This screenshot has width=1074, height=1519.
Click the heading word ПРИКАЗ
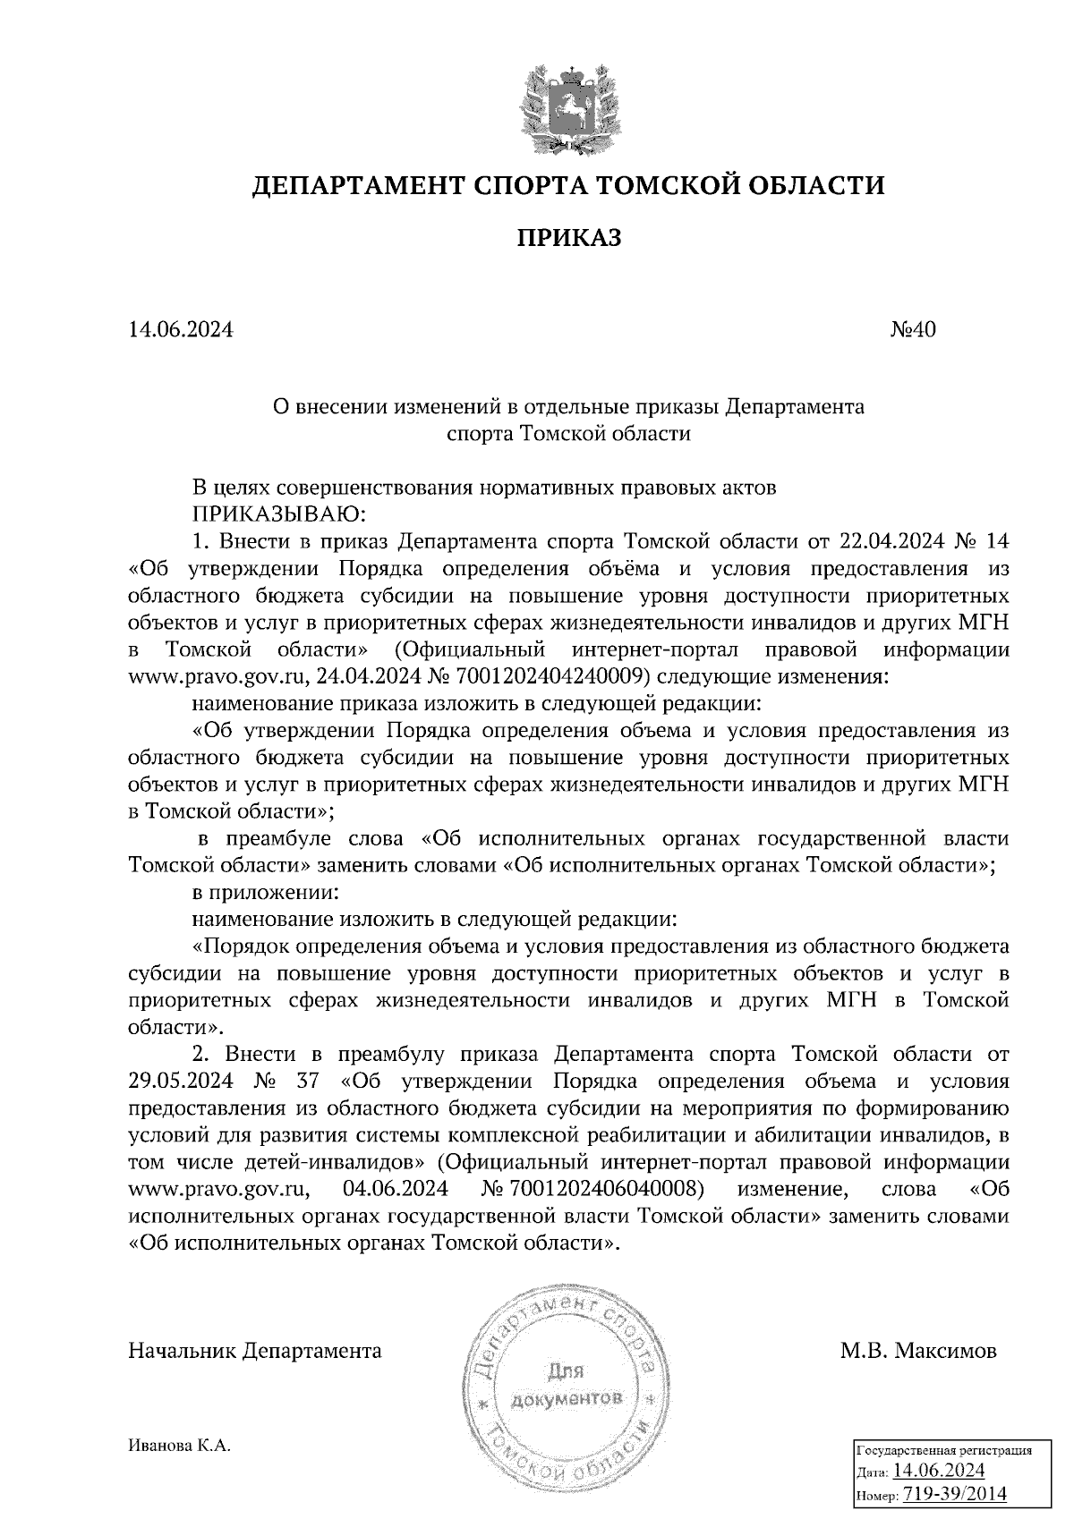tap(568, 238)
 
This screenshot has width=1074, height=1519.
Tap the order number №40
tap(912, 330)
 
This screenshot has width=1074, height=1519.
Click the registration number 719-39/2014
tap(954, 1494)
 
